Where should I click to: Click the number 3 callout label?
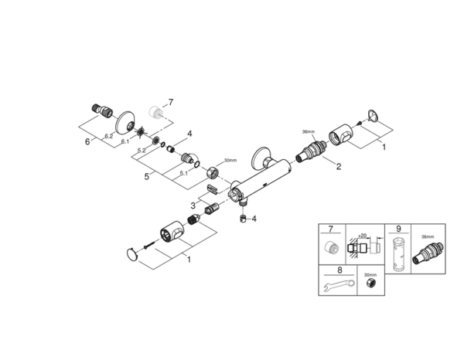point(193,205)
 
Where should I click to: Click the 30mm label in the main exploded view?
point(230,161)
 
